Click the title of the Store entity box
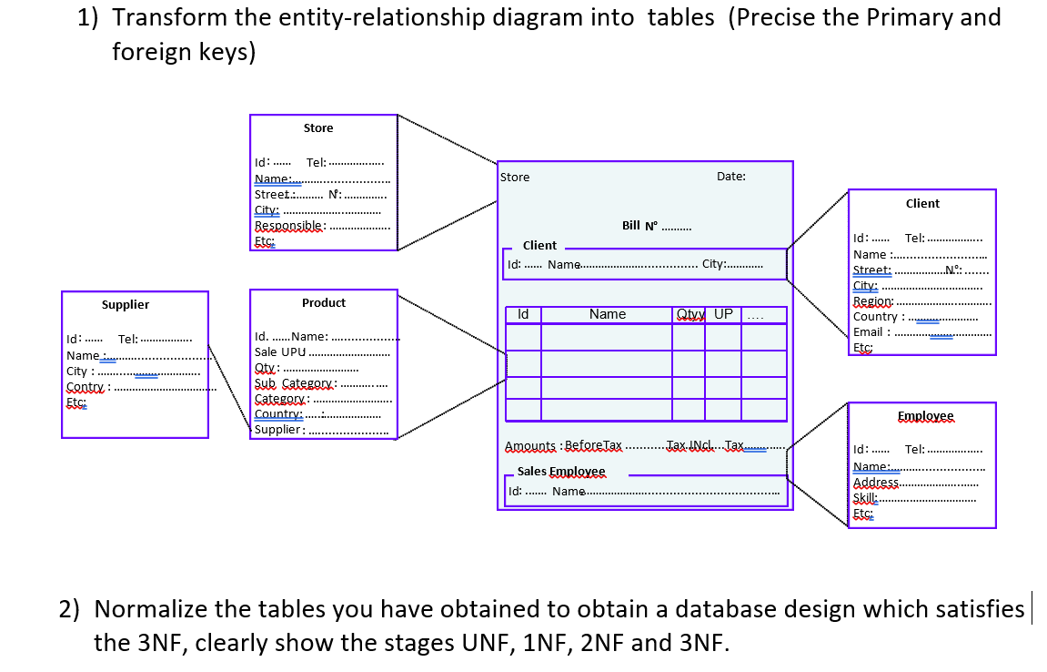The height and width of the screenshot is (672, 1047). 318,128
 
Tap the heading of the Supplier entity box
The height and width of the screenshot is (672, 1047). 126,305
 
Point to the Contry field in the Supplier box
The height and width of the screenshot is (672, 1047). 86,387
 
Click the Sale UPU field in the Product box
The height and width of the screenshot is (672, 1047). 280,352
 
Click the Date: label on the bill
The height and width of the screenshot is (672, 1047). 730,177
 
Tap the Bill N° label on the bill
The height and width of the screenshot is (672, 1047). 639,225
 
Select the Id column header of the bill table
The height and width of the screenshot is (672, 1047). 523,314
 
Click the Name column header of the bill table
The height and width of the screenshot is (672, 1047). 607,314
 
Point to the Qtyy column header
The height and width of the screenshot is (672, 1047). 689,314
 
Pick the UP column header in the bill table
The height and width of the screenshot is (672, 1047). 723,314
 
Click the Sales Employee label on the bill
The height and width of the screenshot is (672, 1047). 560,472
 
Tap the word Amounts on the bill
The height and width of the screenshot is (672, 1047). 530,446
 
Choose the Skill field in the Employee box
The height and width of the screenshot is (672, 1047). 865,498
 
